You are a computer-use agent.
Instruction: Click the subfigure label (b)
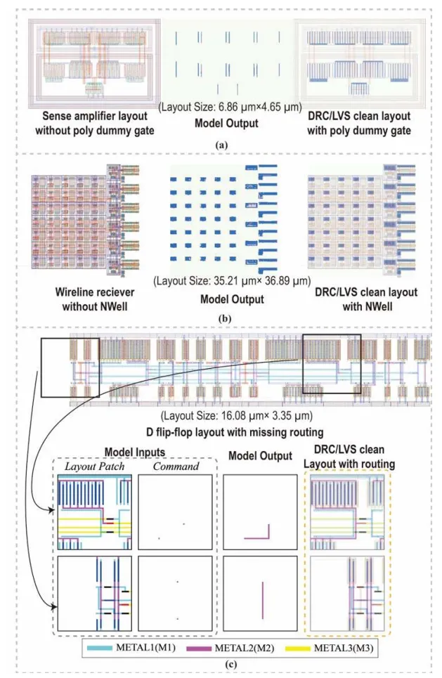pyautogui.click(x=221, y=316)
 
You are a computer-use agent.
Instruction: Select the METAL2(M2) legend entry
pyautogui.click(x=237, y=651)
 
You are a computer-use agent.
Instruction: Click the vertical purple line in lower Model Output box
pyautogui.click(x=262, y=599)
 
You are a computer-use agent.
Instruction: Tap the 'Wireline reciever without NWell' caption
pyautogui.click(x=84, y=296)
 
